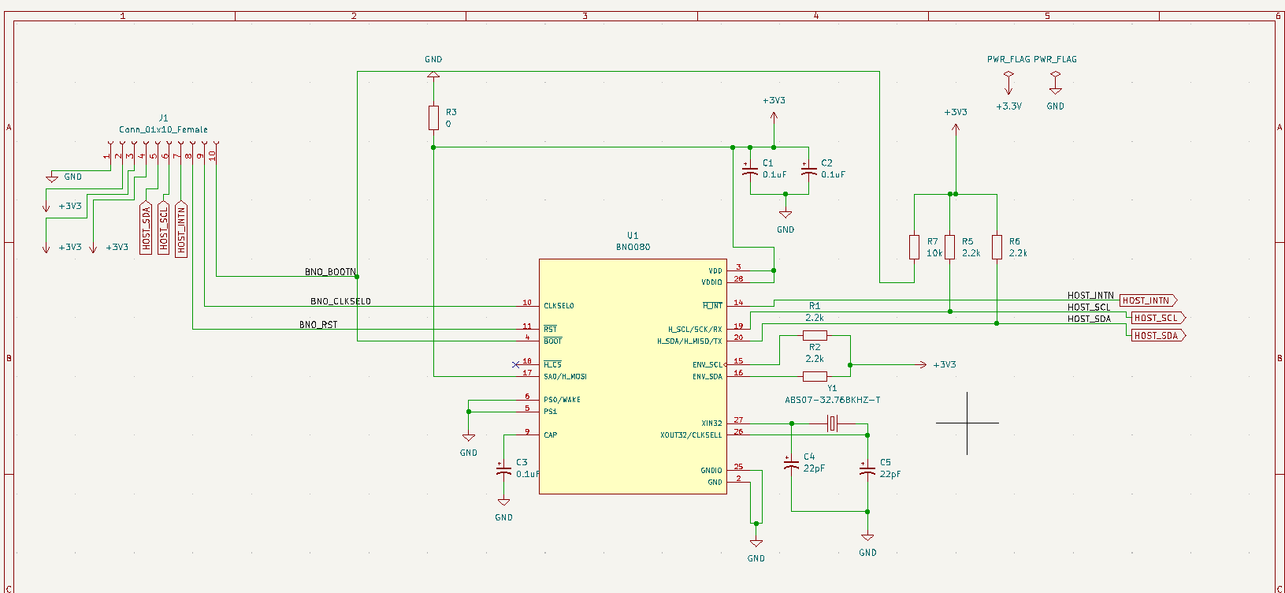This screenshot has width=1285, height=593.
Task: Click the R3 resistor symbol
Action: coord(433,117)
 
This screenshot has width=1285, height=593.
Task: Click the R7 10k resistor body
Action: coord(914,247)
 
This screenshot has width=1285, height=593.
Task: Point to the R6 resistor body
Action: coord(997,247)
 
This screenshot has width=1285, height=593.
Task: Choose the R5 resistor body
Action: coord(950,247)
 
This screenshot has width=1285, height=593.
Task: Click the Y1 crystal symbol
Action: coord(833,423)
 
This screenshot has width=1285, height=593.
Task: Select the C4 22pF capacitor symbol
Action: coord(791,464)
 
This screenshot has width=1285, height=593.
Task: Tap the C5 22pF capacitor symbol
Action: coord(867,470)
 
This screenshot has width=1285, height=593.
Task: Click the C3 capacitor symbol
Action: coord(503,470)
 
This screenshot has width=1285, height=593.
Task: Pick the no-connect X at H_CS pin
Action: coord(515,364)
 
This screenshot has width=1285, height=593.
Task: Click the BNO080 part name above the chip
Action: coord(633,247)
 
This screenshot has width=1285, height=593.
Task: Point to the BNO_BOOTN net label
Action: coord(330,272)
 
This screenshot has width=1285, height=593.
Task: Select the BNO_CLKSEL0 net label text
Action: coord(340,301)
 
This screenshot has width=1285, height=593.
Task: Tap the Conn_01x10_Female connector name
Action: coord(163,129)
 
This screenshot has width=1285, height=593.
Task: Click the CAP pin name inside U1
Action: coord(550,435)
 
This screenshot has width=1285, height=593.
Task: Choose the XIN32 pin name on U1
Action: coord(711,423)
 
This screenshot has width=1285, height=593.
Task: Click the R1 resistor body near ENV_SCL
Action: coord(815,336)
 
